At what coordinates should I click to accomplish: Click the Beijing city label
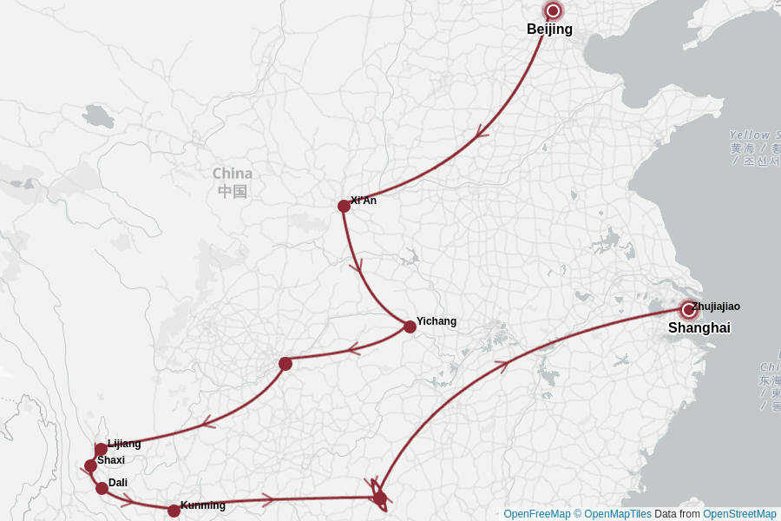coord(549,30)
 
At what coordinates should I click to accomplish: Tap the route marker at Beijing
coord(553,11)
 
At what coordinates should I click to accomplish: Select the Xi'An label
coord(364,201)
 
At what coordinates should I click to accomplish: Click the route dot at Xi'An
coord(344,206)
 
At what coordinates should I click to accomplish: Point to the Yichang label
coord(436,321)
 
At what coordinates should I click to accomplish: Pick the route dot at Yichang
coord(410,326)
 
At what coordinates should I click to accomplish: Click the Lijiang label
coord(124,444)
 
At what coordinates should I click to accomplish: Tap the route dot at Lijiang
coord(101,450)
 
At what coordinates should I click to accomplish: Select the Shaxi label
coord(111,460)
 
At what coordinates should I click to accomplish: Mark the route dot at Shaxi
coord(90,465)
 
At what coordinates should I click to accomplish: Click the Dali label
coord(118,483)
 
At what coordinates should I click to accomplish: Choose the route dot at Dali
coord(102,488)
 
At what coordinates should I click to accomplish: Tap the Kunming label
coord(202,505)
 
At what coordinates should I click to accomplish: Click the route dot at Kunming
coord(174,511)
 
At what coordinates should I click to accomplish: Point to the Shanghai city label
coord(699,328)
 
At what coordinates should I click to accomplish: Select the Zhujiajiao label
coord(716,307)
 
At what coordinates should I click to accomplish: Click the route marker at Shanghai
coord(688,310)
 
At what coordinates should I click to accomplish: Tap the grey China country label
coord(232,174)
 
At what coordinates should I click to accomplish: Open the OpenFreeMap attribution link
coord(536,514)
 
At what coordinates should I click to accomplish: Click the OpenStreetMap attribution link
coord(739,514)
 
